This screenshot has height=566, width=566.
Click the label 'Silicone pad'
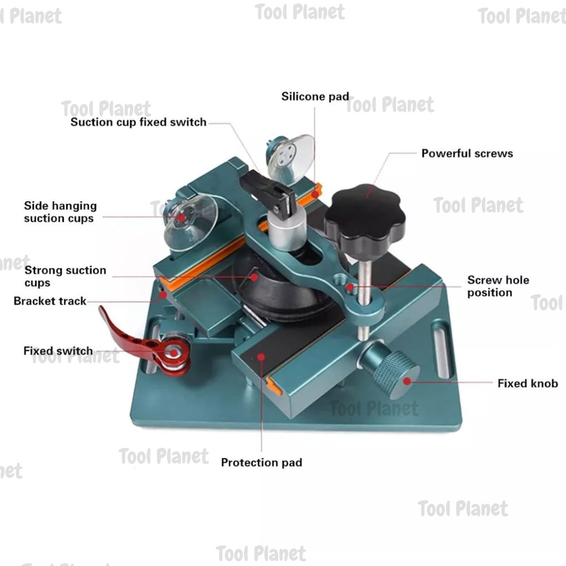click(315, 97)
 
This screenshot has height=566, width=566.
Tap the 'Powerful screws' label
click(467, 153)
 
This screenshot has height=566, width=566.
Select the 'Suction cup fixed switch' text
click(138, 122)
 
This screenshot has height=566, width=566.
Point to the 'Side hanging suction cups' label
click(60, 212)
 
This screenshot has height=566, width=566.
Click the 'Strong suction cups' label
click(65, 276)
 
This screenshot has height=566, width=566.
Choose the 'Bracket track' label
click(50, 301)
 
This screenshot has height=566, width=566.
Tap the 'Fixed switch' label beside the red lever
click(57, 351)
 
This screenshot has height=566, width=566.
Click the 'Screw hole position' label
click(498, 286)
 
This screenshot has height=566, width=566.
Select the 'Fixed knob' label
click(527, 383)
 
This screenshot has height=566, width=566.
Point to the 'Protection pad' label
click(261, 463)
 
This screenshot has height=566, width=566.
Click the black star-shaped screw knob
click(364, 216)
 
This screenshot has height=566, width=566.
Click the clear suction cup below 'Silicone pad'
click(290, 158)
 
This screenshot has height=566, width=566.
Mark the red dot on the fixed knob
click(407, 381)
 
